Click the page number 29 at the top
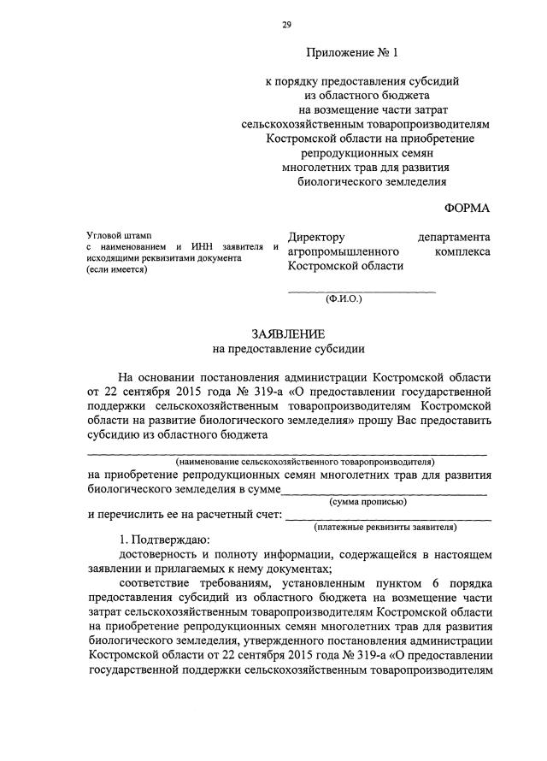[286, 25]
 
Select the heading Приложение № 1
[352, 53]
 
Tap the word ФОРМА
[468, 209]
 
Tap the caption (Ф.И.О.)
[344, 300]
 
